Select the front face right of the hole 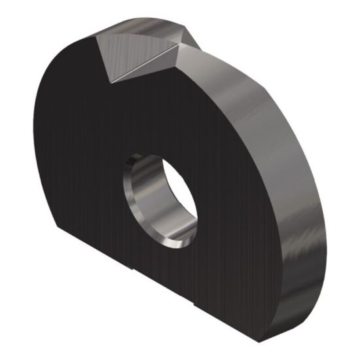236,196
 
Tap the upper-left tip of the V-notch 96,36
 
